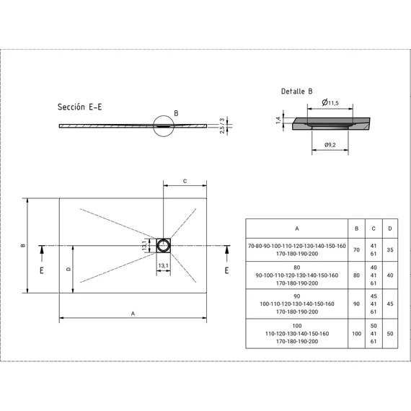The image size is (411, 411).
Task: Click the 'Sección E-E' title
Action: point(80,107)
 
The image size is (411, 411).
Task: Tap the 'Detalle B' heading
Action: point(297,92)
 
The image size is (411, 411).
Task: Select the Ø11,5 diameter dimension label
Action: point(330,102)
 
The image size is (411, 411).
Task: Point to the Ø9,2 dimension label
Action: point(330,145)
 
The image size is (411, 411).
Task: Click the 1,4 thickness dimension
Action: point(278,120)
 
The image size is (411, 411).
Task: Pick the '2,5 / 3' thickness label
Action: point(222,125)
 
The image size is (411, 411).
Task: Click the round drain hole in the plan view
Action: point(163,246)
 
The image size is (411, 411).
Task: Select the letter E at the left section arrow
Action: point(42,270)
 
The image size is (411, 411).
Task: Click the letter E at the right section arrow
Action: point(226,270)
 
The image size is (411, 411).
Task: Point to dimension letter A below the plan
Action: point(133,314)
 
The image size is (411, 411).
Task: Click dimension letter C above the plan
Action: point(185,181)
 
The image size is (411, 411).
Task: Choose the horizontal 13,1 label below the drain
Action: point(163,266)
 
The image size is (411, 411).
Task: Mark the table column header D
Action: point(390,229)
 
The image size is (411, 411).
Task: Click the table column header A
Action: point(297,229)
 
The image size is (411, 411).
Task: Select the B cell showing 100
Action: point(356,334)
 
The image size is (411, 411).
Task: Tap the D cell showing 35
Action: point(390,249)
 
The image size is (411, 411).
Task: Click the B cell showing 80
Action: point(356,275)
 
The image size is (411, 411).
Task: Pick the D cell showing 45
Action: point(390,304)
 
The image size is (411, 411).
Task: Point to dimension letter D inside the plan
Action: point(68,269)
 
